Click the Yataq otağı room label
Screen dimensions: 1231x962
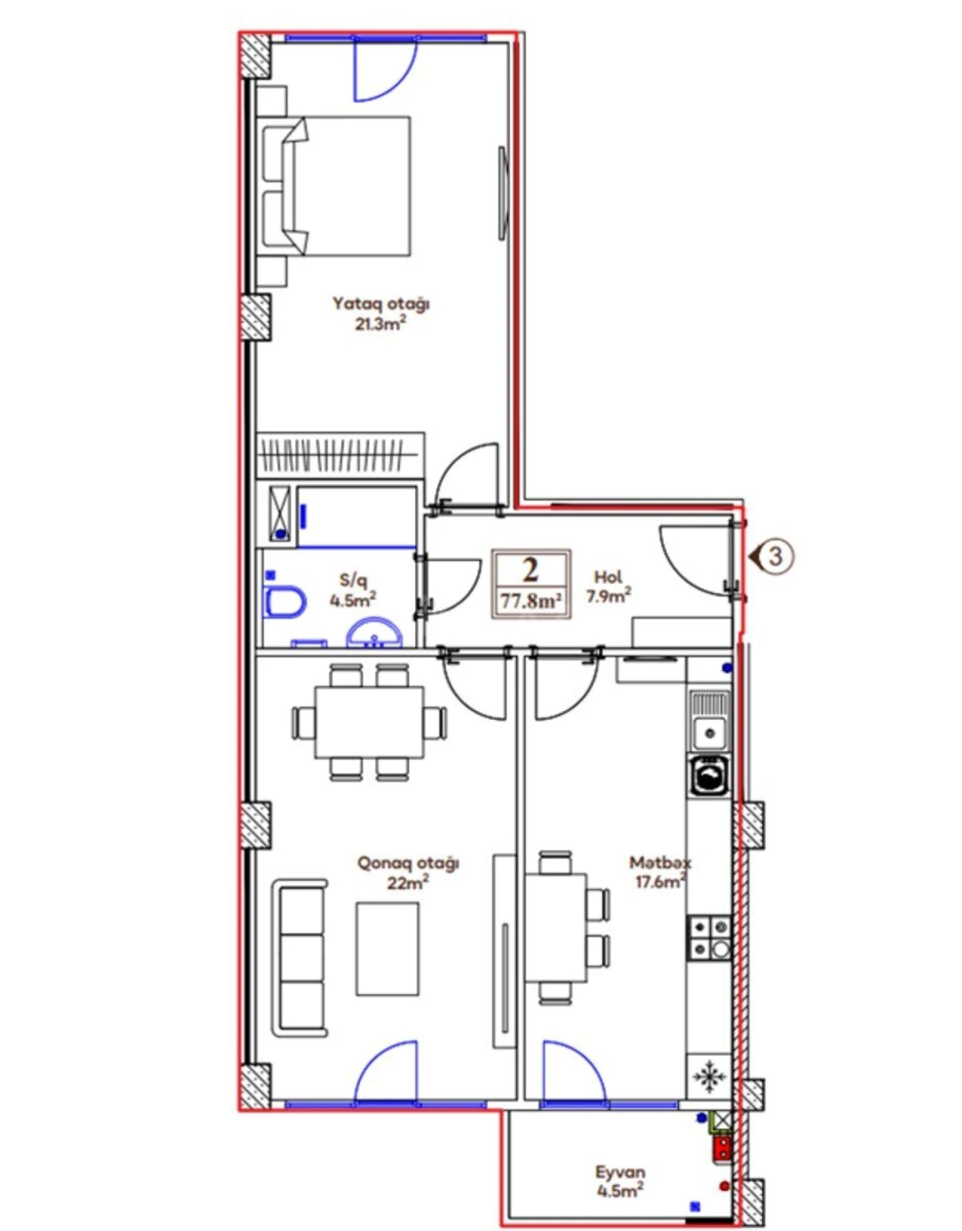point(381,303)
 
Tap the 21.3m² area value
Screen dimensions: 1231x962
point(380,323)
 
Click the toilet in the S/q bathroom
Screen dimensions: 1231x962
point(283,602)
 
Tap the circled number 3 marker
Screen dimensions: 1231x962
point(775,555)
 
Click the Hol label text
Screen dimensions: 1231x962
point(607,576)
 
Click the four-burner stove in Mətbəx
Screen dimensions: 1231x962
point(709,937)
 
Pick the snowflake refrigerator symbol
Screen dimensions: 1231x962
point(709,1076)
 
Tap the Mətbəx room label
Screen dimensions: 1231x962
point(660,862)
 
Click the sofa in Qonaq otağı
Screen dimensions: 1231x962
point(300,958)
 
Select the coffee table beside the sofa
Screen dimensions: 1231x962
point(387,949)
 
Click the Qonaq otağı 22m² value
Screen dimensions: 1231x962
point(408,882)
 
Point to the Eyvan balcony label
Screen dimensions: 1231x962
point(620,1172)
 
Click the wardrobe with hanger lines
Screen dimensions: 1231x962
point(339,453)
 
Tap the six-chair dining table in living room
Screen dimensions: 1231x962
point(369,722)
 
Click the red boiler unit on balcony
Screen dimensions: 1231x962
point(722,1149)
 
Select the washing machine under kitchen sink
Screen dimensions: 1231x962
point(709,776)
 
